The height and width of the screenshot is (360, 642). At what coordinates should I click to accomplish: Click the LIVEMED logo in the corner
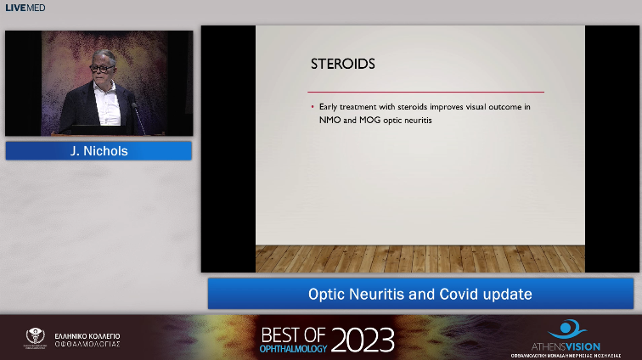pyautogui.click(x=25, y=8)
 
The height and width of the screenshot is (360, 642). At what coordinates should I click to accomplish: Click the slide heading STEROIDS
pyautogui.click(x=343, y=64)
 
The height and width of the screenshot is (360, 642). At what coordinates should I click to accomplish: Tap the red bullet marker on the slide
pyautogui.click(x=313, y=108)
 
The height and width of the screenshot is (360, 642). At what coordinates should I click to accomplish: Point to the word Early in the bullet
pyautogui.click(x=330, y=107)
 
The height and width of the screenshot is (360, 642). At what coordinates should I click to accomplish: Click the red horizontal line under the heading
pyautogui.click(x=425, y=91)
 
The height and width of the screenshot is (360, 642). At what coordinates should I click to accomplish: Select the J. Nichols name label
pyautogui.click(x=99, y=151)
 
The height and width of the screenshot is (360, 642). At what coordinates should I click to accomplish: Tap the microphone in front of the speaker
pyautogui.click(x=134, y=109)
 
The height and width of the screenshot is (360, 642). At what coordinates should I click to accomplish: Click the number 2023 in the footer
pyautogui.click(x=363, y=340)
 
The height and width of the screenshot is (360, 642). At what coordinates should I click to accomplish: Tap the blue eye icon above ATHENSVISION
pyautogui.click(x=563, y=329)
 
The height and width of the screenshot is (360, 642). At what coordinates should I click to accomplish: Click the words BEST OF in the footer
pyautogui.click(x=294, y=334)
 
